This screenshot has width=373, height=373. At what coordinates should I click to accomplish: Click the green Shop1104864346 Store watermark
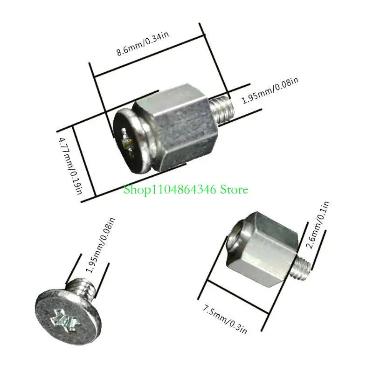[x=186, y=189]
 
